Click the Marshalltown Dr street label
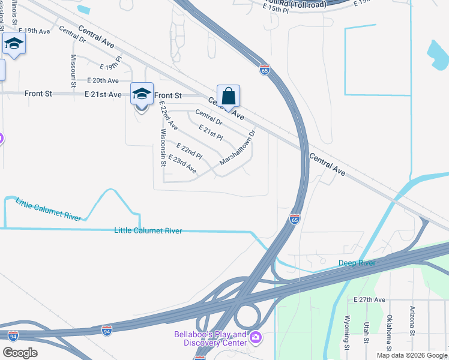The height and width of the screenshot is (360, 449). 238,148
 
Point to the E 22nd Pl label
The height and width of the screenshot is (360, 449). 189,151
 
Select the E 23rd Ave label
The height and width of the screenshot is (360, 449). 182,164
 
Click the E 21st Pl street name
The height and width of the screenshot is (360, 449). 211,133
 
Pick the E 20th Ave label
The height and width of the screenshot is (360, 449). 103,80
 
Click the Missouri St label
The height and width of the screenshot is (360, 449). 73,71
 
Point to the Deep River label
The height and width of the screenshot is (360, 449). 357,263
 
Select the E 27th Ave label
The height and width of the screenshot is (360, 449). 369,299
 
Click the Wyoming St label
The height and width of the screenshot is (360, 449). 347,333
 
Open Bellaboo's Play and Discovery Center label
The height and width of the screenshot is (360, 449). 210,338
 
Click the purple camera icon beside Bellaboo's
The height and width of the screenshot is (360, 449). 256,338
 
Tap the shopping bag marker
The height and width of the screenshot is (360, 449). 228,96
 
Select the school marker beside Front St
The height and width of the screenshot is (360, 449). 142,94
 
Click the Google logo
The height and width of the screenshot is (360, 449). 20,353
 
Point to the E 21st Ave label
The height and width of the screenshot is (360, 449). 103,95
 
